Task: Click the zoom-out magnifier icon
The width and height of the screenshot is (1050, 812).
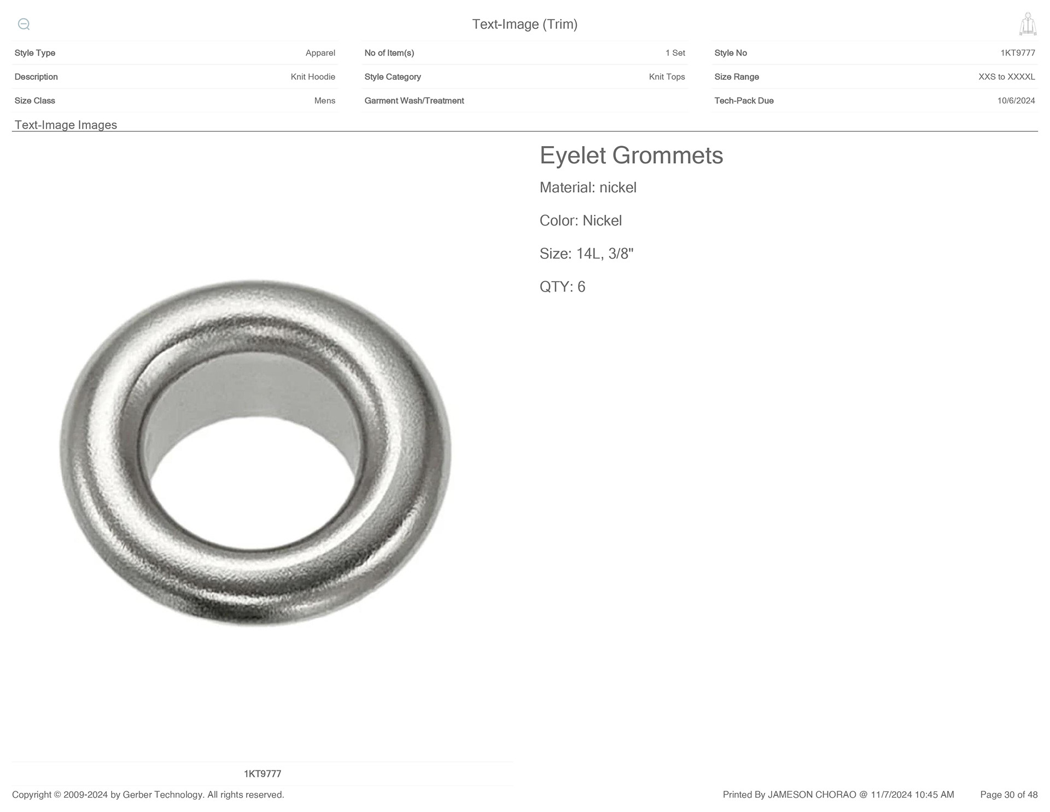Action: pyautogui.click(x=24, y=24)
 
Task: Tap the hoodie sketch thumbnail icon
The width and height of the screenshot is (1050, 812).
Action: pyautogui.click(x=1028, y=24)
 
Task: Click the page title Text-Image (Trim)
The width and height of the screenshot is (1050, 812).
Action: pyautogui.click(x=524, y=24)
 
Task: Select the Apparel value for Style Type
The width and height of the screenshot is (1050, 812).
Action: pyautogui.click(x=320, y=53)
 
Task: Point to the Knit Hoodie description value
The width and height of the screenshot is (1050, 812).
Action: pyautogui.click(x=313, y=77)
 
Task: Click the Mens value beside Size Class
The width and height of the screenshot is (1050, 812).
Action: pyautogui.click(x=324, y=101)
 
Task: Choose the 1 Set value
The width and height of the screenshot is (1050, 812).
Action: pyautogui.click(x=675, y=53)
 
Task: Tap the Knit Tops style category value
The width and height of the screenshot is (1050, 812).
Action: pyautogui.click(x=667, y=77)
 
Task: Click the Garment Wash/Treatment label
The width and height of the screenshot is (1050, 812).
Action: pyautogui.click(x=414, y=101)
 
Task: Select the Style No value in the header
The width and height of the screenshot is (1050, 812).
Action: pyautogui.click(x=1017, y=53)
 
